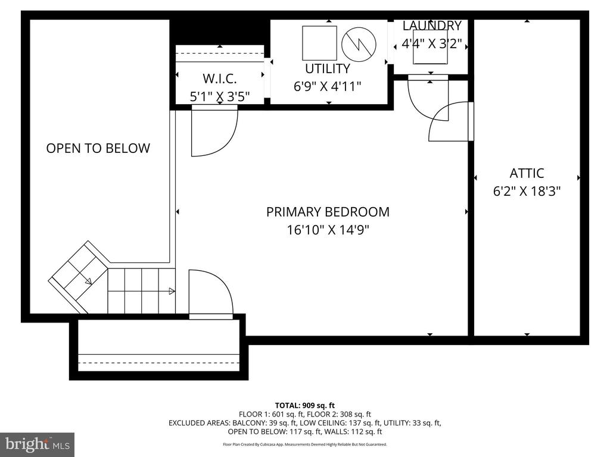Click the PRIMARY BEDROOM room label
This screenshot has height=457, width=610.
pyautogui.click(x=328, y=212)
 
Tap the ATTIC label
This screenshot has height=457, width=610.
pyautogui.click(x=527, y=173)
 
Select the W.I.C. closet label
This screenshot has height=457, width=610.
pyautogui.click(x=219, y=79)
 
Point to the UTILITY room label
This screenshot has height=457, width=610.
pyautogui.click(x=327, y=68)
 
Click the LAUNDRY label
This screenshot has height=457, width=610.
pyautogui.click(x=432, y=26)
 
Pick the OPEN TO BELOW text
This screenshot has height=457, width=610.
pyautogui.click(x=98, y=148)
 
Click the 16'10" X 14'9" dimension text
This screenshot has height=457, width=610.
pyautogui.click(x=328, y=230)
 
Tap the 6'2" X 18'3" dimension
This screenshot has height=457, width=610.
pyautogui.click(x=527, y=191)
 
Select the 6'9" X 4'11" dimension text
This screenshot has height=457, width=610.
pyautogui.click(x=327, y=86)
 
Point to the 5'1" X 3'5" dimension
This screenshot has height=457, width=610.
pyautogui.click(x=219, y=96)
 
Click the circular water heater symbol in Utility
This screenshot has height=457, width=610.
pyautogui.click(x=359, y=44)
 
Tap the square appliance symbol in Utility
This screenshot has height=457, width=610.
pyautogui.click(x=319, y=43)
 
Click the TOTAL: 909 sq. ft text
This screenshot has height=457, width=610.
pyautogui.click(x=305, y=406)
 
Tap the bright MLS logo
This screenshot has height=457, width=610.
pyautogui.click(x=38, y=444)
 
